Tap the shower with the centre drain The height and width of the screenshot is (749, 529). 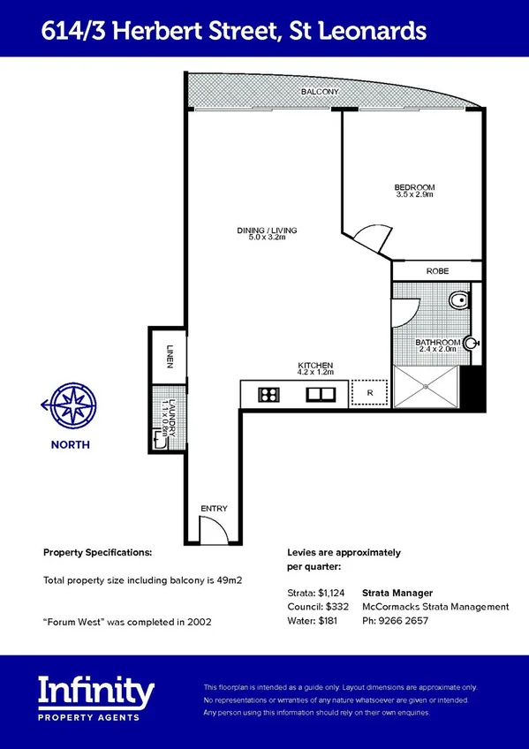pos(427,386)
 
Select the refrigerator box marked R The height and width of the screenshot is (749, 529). pos(369,392)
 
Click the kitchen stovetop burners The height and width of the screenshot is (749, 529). pos(268,394)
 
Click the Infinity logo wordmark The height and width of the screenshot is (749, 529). pos(96,688)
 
